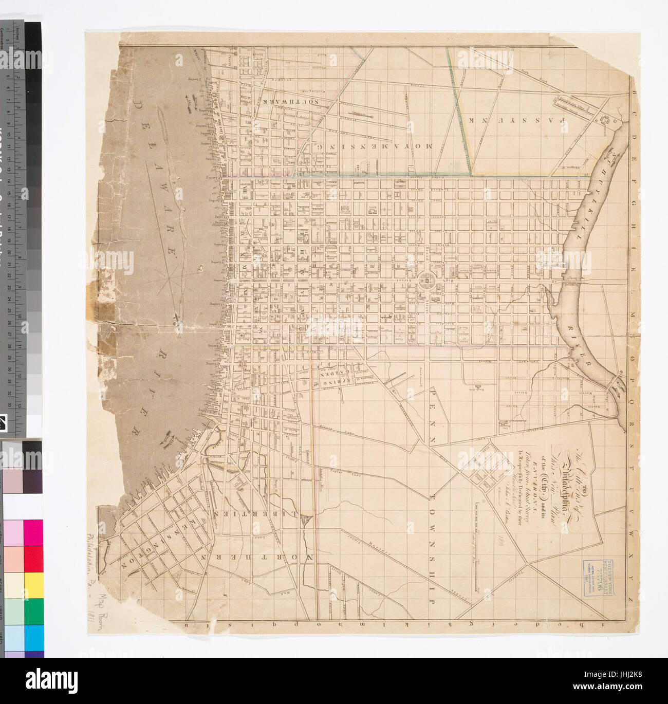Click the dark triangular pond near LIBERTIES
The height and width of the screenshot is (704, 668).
click(306, 522)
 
